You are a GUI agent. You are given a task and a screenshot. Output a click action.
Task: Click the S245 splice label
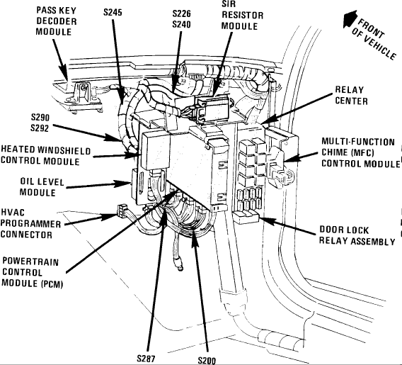[113, 12]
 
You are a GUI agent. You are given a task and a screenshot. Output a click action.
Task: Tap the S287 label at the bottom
[146, 359]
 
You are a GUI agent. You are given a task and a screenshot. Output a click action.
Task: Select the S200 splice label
[207, 360]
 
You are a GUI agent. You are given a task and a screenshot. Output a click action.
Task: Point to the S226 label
[181, 13]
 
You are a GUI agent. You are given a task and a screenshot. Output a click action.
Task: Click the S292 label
[40, 128]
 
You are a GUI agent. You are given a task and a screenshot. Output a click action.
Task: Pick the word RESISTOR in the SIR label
[243, 15]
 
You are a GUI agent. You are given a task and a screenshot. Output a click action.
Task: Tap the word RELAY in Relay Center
[350, 90]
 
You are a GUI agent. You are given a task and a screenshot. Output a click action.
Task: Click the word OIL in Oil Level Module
[27, 181]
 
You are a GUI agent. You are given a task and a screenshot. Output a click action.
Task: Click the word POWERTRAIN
[30, 262]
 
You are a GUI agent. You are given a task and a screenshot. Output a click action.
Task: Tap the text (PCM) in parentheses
[52, 284]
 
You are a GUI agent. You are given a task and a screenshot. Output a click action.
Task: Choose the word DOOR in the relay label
[331, 230]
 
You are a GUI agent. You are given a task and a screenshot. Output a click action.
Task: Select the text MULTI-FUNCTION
[358, 142]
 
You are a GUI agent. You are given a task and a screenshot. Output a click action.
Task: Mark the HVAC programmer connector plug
[122, 210]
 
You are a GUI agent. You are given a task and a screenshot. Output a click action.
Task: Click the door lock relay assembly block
[246, 217]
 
